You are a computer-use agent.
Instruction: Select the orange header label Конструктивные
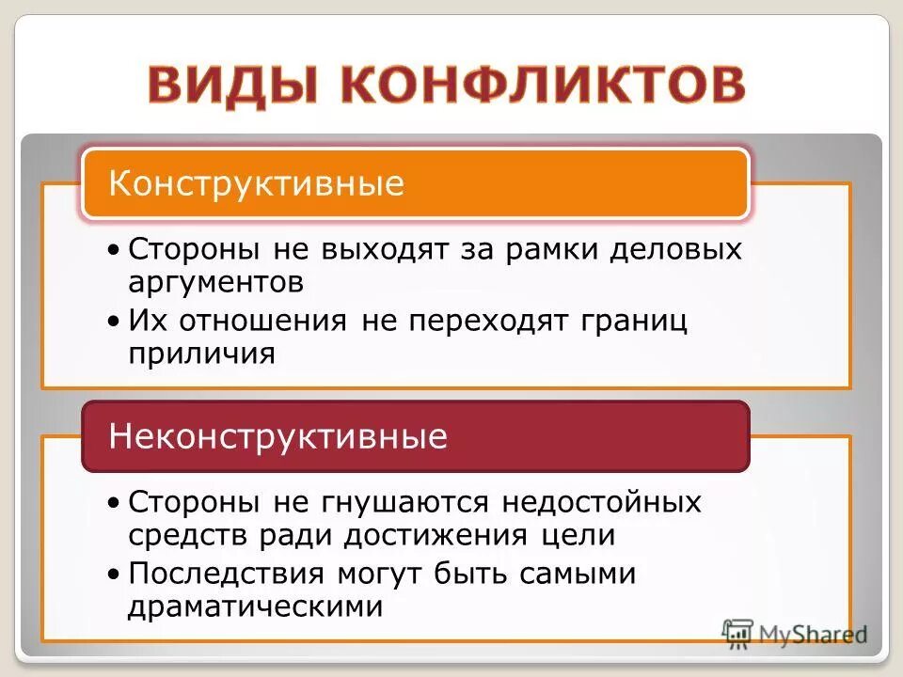click(x=256, y=182)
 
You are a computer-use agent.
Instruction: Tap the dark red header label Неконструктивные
click(x=278, y=436)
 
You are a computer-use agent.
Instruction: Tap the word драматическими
click(x=255, y=606)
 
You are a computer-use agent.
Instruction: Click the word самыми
click(x=582, y=574)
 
